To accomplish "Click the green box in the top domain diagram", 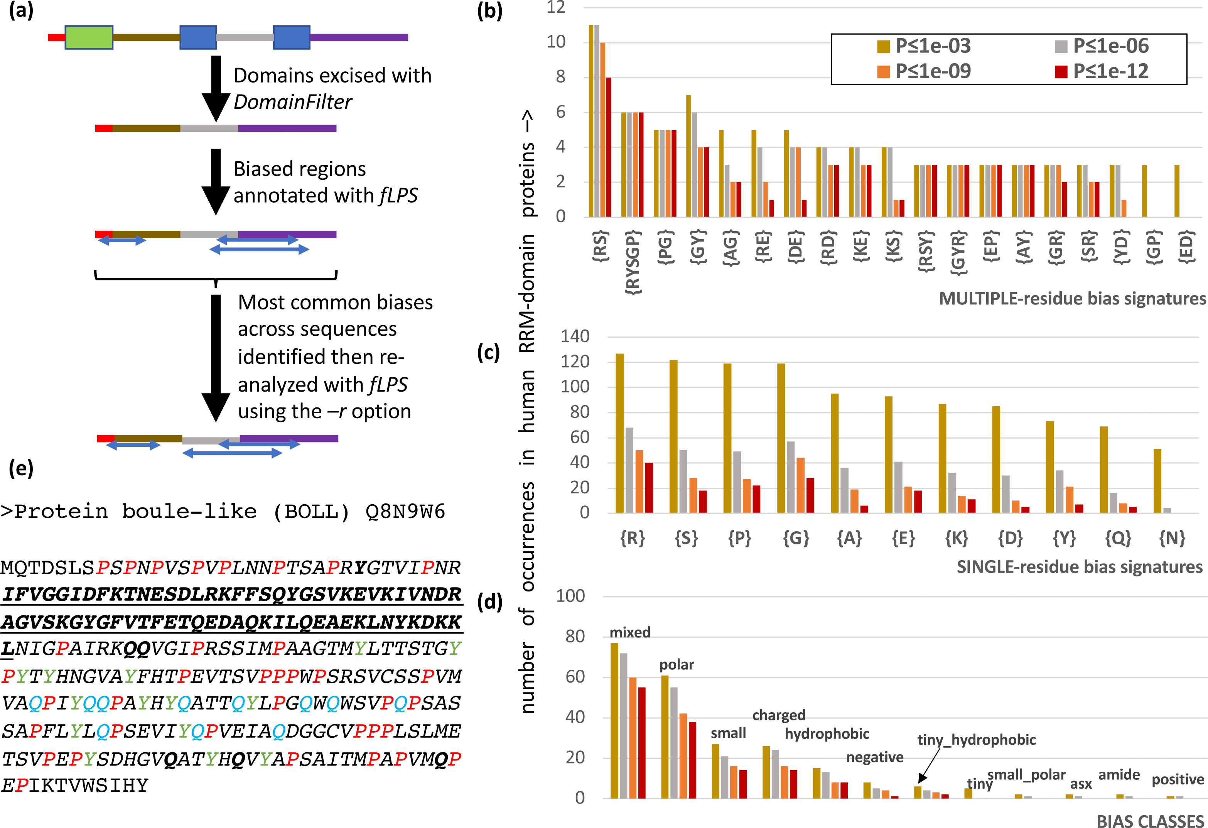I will [x=89, y=37].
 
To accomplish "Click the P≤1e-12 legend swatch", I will [x=1061, y=72].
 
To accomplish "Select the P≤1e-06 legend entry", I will [x=1102, y=46].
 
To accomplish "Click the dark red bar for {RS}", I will [x=609, y=147].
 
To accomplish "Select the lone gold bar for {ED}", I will [x=1177, y=190].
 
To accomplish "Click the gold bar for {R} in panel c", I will [x=619, y=433].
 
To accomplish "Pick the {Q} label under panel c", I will [x=1118, y=538].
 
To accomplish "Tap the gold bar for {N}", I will [x=1157, y=481].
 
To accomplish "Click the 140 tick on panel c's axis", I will [x=575, y=336].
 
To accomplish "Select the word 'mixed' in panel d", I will [x=629, y=632].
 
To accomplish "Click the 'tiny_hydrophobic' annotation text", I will [x=976, y=740].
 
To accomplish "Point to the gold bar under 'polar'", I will [x=665, y=737].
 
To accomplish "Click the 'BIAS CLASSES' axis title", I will [x=1150, y=821].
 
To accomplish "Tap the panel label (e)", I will [x=21, y=469].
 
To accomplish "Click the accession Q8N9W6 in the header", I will [x=405, y=512].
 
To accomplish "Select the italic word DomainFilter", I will [x=293, y=102].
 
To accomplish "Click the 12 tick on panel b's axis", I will [x=556, y=7].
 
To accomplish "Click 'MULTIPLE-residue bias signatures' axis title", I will [x=1072, y=299].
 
